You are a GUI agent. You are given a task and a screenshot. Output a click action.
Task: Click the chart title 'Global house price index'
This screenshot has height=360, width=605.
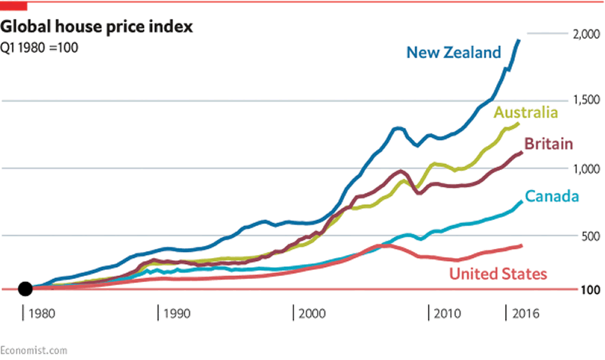coord(98,28)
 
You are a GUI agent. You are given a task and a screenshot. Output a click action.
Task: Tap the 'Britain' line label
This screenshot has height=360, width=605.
coord(547,144)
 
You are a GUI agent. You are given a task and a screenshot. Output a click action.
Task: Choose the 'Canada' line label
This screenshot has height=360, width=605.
coord(552,197)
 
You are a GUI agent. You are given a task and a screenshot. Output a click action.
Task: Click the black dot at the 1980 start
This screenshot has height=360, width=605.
coord(25,288)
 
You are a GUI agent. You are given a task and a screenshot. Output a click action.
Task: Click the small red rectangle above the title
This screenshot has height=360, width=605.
coord(13,6)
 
